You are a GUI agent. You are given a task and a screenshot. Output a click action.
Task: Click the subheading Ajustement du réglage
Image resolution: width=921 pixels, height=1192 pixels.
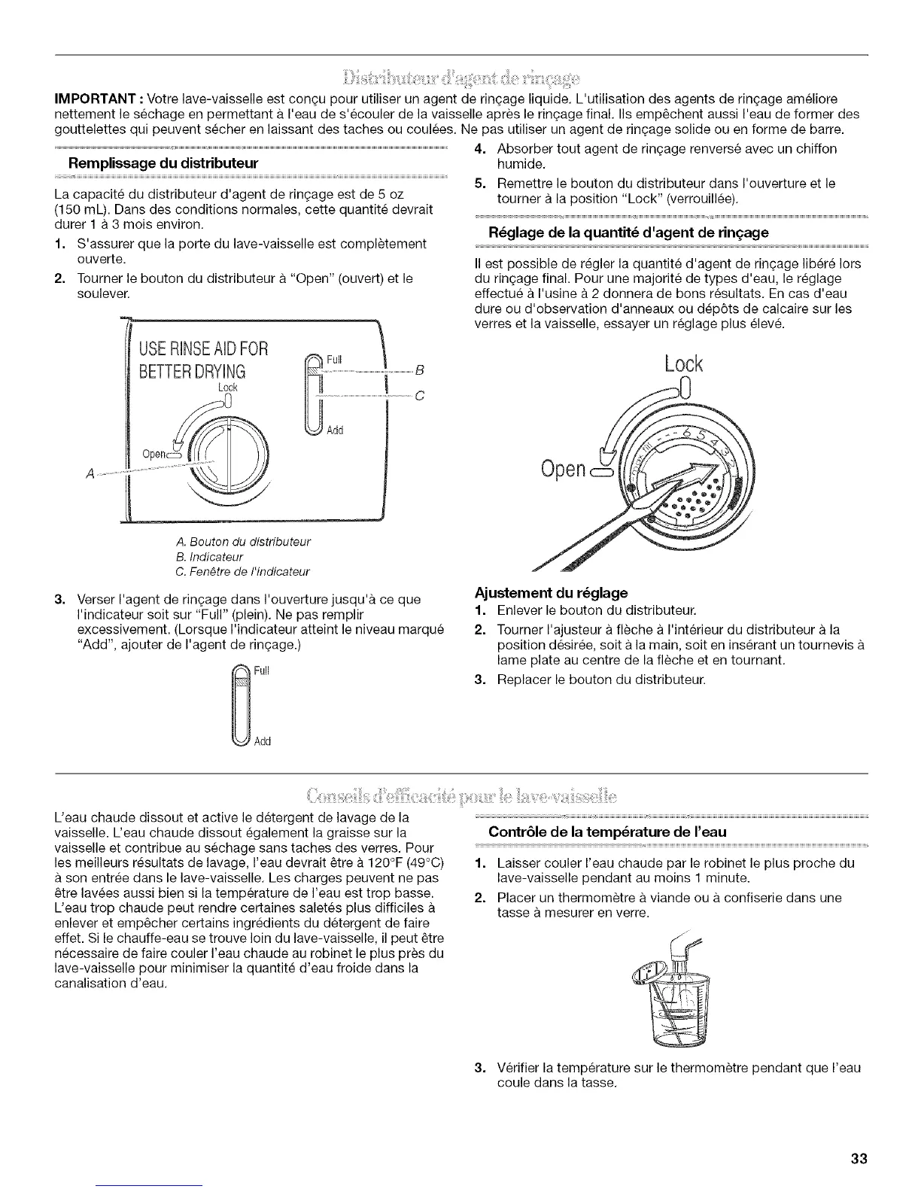(552, 593)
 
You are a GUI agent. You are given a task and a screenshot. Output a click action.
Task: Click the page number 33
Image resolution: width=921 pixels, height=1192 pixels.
(859, 1159)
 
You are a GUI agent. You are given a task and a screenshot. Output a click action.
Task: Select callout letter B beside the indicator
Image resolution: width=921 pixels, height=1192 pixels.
(421, 370)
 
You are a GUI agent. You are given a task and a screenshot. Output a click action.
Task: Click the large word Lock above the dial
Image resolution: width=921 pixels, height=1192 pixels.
(684, 364)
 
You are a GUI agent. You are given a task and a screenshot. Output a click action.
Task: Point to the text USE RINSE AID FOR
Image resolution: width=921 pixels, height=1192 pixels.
(202, 349)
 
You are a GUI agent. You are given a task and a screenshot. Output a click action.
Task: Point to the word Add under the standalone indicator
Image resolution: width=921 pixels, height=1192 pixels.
(262, 741)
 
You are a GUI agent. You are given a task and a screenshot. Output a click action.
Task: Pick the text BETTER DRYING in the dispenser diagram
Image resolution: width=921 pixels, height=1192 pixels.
(191, 371)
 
